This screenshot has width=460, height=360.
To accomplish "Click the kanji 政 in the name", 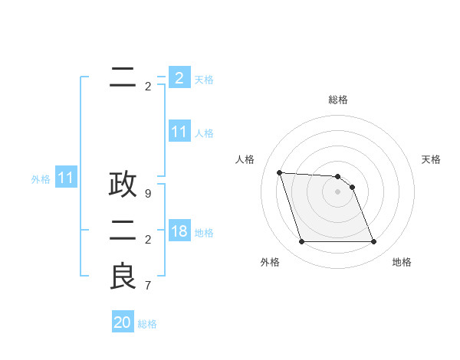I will pos(123,184).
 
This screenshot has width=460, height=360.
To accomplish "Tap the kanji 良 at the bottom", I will pos(123,277).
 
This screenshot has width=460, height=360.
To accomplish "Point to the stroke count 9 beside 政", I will pos(148,194).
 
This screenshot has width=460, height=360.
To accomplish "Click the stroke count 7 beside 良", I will pos(148,286).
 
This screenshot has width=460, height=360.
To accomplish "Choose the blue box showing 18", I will pos(179,231).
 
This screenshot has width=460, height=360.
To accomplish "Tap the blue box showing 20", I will pos(123,322).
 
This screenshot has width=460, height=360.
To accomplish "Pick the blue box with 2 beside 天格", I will pos(179,78).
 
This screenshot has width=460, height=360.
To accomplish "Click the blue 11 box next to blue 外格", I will pos(66,178).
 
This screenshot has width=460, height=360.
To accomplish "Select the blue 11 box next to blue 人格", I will pos(179,132).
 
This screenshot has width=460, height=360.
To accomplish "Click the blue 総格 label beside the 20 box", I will pos(147,324).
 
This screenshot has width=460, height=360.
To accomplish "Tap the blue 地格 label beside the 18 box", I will pos(204,233).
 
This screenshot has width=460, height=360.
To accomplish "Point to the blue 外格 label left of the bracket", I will pos(41,180).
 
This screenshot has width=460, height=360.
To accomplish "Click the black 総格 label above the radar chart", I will pos(338,100).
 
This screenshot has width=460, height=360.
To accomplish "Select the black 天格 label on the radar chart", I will pos(431,159).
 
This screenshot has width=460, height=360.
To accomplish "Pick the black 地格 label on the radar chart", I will pos(402,262).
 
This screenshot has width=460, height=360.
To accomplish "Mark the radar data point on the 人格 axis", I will pos(280,172).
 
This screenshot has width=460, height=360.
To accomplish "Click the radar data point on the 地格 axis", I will pos(373,242).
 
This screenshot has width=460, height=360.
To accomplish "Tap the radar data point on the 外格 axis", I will pos(301,242).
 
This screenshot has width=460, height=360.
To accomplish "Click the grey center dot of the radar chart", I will pos(337,191).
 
